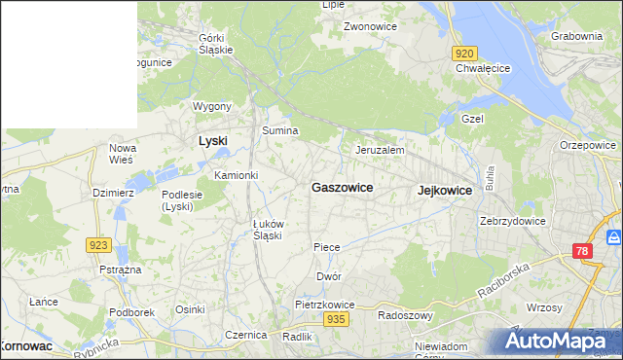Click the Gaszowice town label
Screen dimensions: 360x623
[342, 187]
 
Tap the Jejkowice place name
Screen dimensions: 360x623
[444, 191]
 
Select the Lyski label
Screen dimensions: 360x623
[212, 141]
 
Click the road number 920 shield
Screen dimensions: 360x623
[465, 54]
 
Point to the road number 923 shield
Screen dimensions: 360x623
[98, 246]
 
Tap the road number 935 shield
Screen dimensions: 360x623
[337, 319]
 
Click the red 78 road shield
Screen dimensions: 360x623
[580, 252]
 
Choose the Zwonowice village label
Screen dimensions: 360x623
[369, 26]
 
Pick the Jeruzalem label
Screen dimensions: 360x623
[380, 151]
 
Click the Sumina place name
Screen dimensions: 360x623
[279, 129]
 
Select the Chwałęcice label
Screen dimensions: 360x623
[483, 68]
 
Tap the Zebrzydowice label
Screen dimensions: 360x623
[512, 221]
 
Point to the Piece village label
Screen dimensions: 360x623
[327, 247]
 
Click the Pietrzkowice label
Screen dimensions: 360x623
[325, 305]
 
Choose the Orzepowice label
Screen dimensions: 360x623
[588, 145]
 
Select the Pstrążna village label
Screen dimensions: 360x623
[121, 269]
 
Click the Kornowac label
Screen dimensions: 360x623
[26, 345]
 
